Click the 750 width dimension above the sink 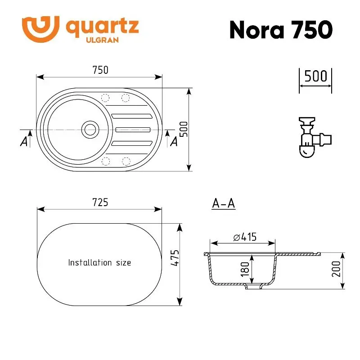pos(100,70)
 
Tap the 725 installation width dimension pos(100,202)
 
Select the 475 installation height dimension pos(175,258)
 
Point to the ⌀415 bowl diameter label pos(245,237)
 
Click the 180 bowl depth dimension pos(245,269)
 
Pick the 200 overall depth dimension pos(336,269)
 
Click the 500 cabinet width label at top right pos(315,76)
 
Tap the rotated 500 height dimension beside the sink pos(184,129)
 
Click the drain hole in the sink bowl pos(90,130)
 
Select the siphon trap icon pos(315,137)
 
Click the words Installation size pos(99,262)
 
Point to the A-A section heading pos(223,203)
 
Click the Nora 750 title pos(281,30)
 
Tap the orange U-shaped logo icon pos(40,29)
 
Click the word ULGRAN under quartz pos(103,40)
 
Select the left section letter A pos(24,141)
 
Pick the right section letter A pos(174,141)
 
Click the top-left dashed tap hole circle pos(105,98)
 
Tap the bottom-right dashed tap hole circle pos(126,162)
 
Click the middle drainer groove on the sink pos(133,130)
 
